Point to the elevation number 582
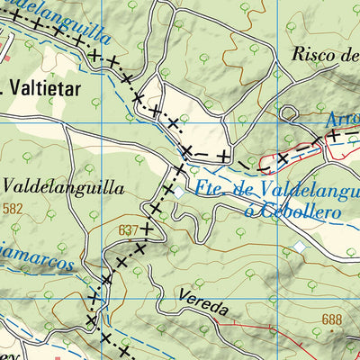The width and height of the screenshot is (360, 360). click(13, 209)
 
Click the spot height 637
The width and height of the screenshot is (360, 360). click(129, 230)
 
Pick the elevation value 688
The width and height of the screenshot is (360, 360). click(333, 319)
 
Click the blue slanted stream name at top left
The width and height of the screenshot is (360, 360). click(58, 20)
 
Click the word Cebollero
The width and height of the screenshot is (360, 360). click(288, 211)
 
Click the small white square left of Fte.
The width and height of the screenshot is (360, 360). click(180, 192)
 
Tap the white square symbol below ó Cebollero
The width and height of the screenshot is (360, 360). click(300, 247)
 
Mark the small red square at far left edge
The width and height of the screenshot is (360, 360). click(5, 59)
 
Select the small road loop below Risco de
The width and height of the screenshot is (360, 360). click(289, 112)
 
